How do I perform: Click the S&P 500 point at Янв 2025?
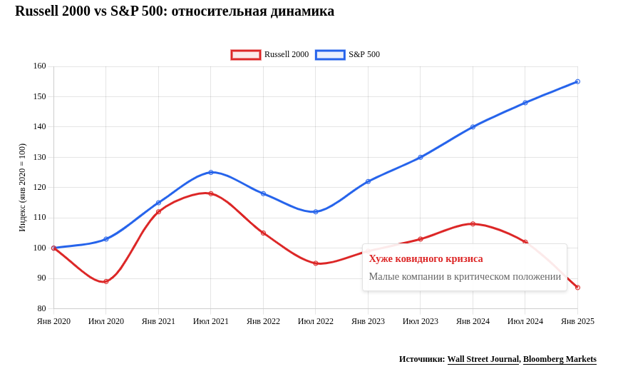point(577,81)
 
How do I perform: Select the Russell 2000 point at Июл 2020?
point(106,281)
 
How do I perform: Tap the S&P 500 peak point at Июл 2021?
point(211,172)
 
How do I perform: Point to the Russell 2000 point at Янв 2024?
point(473,224)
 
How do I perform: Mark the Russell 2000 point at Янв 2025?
point(577,288)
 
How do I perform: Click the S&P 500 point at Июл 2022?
point(316,212)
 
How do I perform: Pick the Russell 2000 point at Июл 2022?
point(316,263)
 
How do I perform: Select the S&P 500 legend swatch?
point(330,55)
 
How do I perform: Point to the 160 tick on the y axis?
point(39,66)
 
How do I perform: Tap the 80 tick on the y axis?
point(41,309)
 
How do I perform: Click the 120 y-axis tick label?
point(39,188)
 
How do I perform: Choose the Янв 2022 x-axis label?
point(263,322)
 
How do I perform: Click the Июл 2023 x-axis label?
point(421,322)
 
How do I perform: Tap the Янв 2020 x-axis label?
point(53,322)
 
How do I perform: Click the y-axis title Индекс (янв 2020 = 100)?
point(22,188)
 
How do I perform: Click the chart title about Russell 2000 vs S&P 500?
point(175,11)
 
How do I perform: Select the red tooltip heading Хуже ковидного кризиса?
point(426,259)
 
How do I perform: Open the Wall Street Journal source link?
point(483,360)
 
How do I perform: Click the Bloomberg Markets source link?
point(560,360)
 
